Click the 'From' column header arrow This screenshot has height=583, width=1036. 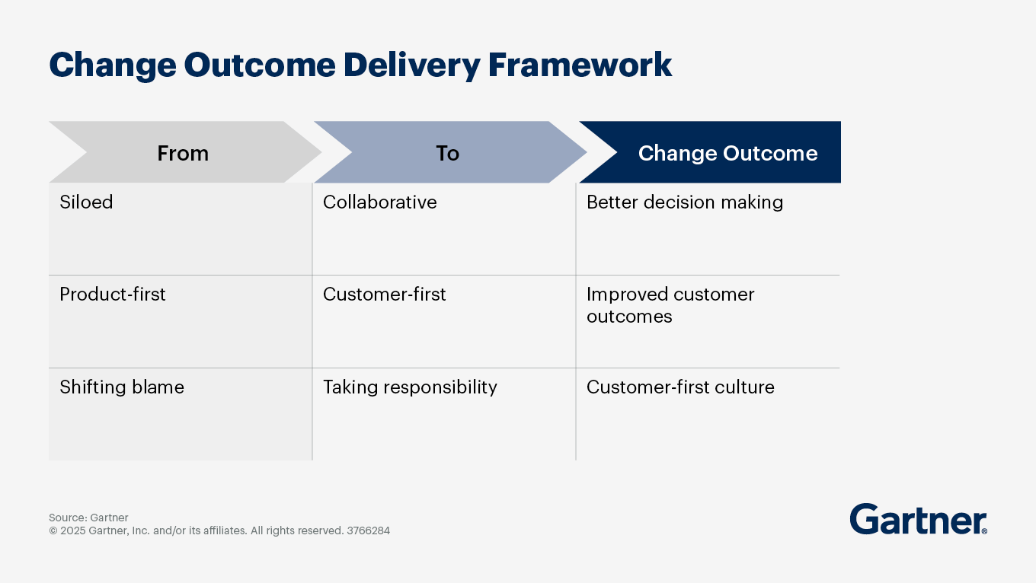(183, 153)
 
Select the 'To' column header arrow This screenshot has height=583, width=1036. (448, 153)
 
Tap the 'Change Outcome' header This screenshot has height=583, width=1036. (727, 153)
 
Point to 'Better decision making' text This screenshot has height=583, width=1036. (685, 202)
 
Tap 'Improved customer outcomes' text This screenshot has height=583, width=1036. (670, 305)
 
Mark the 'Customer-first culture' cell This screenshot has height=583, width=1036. (680, 387)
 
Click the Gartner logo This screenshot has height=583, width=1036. (918, 520)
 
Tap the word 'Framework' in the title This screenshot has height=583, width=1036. (580, 65)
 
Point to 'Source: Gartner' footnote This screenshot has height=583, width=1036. (88, 518)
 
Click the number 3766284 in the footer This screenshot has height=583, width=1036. (368, 530)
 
